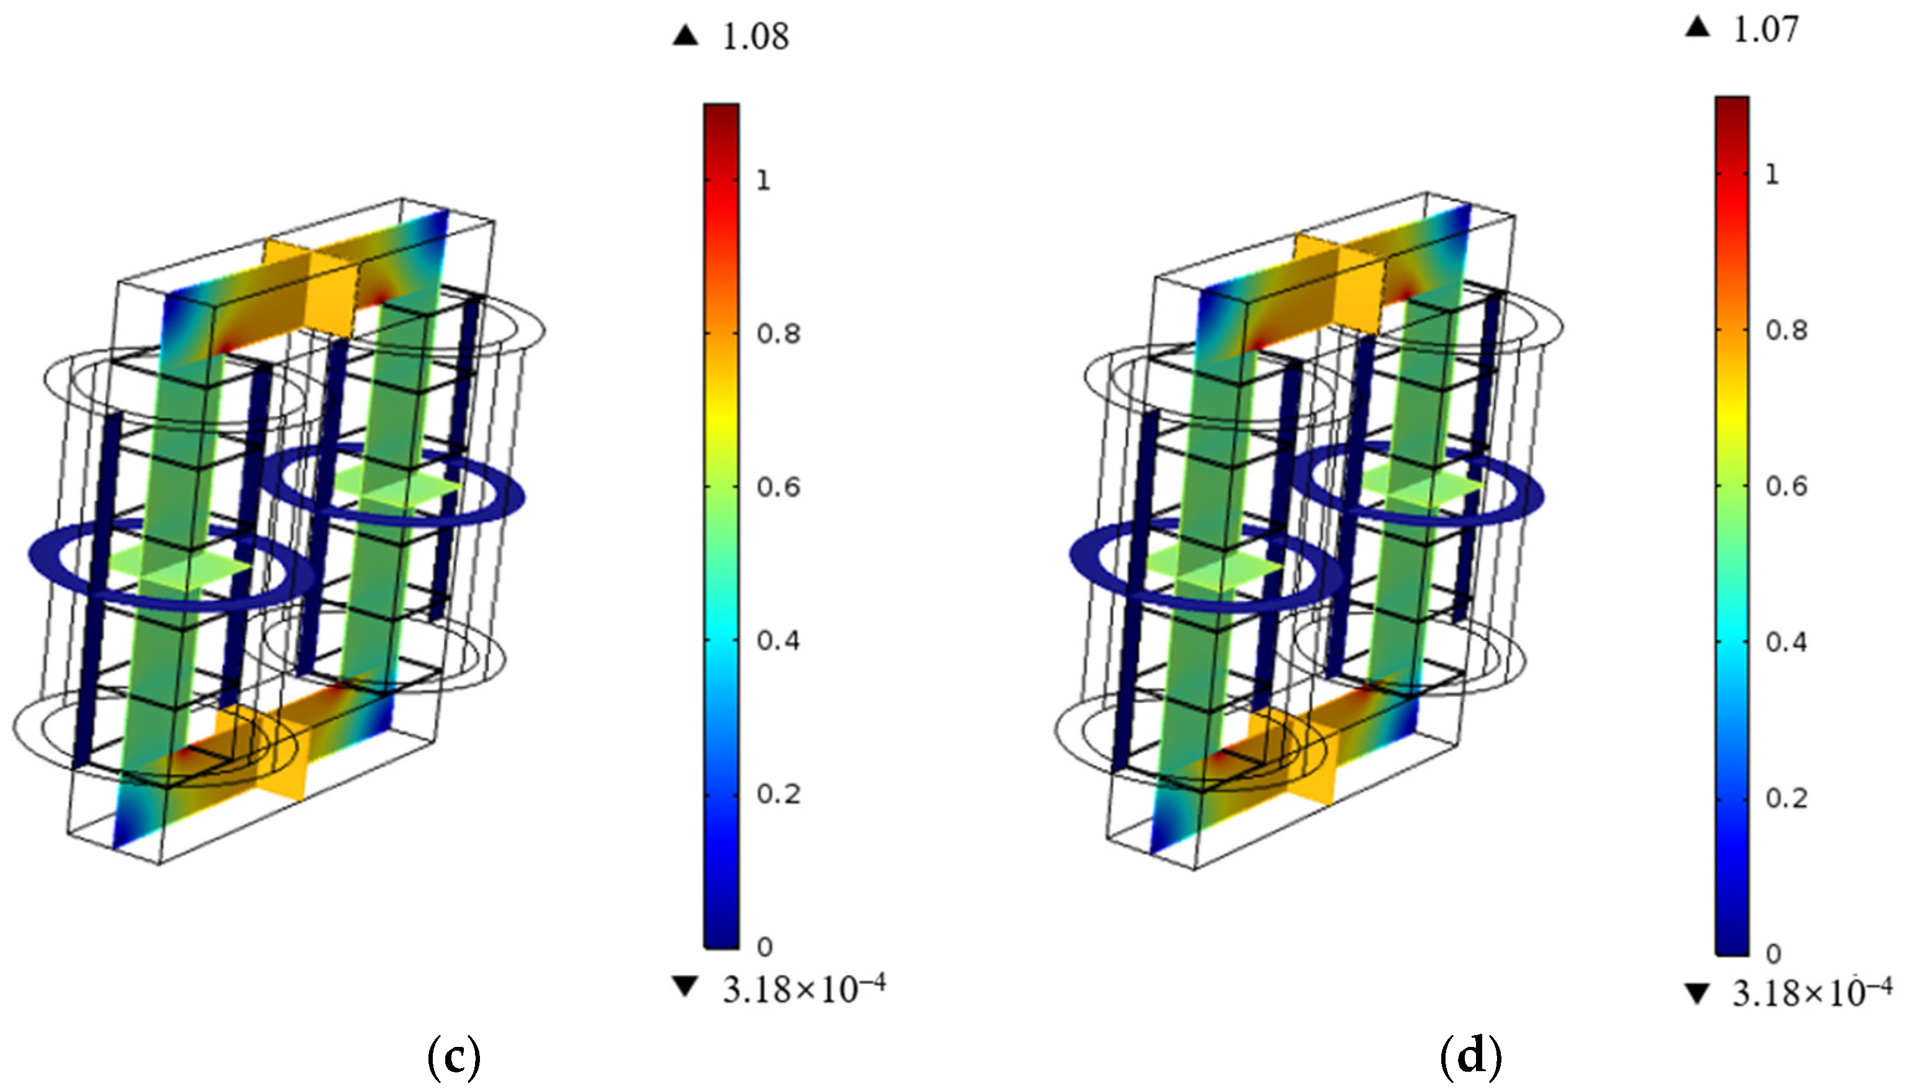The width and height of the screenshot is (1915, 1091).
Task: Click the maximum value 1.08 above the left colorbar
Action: point(755,37)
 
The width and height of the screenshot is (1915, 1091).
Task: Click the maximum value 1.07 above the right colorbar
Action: point(1766,29)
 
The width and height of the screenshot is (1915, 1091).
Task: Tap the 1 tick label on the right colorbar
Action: point(1771,174)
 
